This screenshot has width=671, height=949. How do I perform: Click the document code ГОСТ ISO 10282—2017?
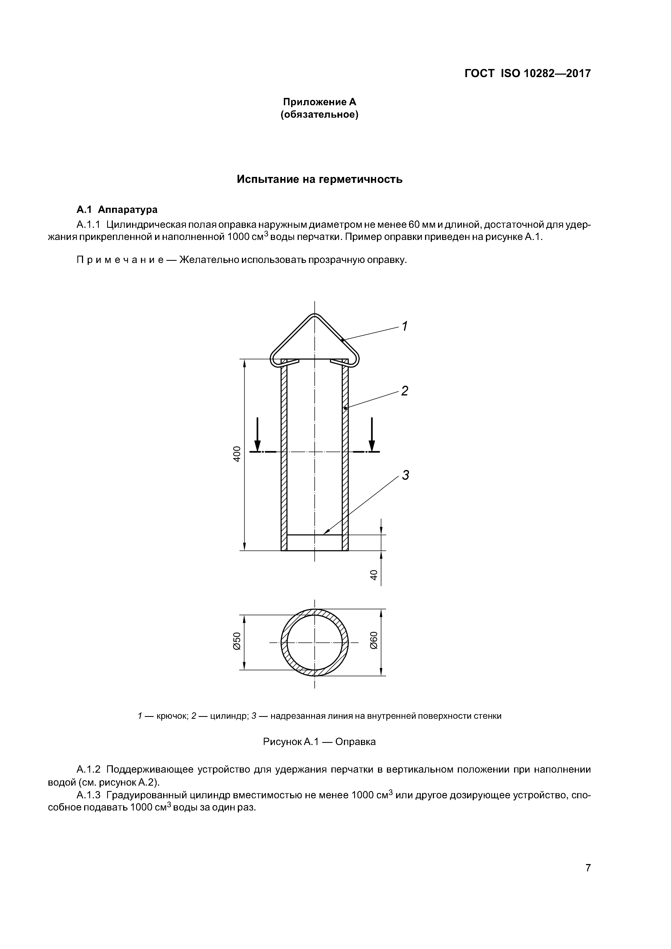[528, 74]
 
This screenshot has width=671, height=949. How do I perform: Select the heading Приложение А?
[319, 102]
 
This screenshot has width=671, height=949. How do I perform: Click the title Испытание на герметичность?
[319, 179]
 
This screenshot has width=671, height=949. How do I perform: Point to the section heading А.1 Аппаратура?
[117, 210]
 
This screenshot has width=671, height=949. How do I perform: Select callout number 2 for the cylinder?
[404, 391]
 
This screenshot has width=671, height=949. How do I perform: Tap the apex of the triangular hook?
[315, 316]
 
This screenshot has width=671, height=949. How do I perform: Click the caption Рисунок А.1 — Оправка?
[319, 742]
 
